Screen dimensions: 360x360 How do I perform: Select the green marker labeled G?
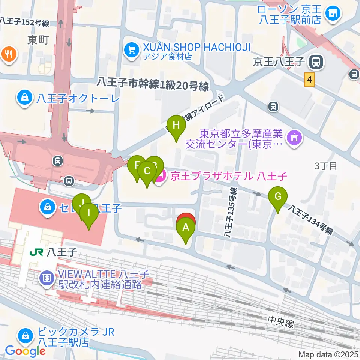pyautogui.click(x=278, y=197)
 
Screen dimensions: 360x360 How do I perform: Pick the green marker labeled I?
pyautogui.click(x=89, y=213)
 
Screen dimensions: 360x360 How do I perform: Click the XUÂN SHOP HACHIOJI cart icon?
pyautogui.click(x=131, y=50)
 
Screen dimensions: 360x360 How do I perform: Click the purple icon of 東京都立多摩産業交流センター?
pyautogui.click(x=294, y=138)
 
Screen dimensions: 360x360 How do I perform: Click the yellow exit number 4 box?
pyautogui.click(x=309, y=80)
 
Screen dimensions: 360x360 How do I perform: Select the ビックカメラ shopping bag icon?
pyautogui.click(x=25, y=335)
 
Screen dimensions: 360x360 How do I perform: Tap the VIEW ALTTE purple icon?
pyautogui.click(x=47, y=278)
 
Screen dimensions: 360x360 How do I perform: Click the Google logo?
pyautogui.click(x=25, y=351)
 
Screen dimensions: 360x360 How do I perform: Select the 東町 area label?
pyautogui.click(x=38, y=40)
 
